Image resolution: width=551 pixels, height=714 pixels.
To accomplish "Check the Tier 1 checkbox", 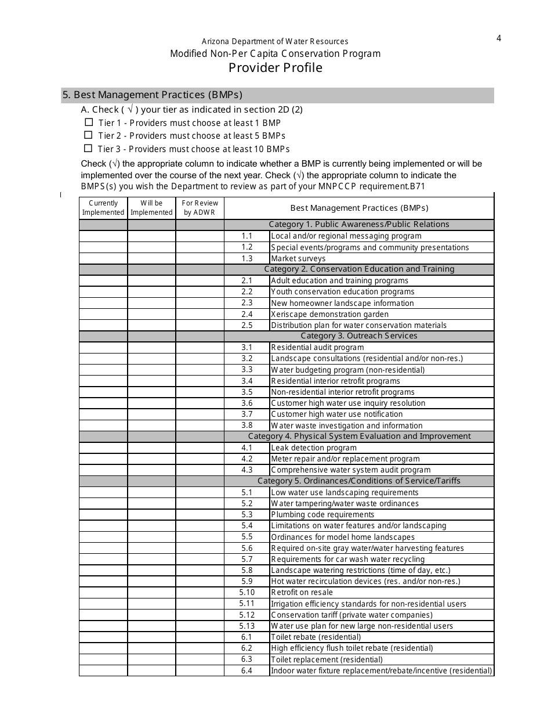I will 89,122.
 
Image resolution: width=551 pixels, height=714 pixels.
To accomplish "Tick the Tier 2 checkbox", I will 89,135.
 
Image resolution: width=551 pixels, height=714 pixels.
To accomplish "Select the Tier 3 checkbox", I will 88,149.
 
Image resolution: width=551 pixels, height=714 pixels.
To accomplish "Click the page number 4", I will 498,39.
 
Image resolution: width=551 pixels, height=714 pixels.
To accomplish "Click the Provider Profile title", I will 275,68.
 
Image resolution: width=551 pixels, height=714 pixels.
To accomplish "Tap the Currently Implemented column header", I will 103,208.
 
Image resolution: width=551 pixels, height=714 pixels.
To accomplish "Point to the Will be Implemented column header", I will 151,208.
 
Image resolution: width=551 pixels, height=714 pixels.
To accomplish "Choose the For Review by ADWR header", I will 200,208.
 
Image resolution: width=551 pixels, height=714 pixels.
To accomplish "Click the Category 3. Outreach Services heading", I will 358,336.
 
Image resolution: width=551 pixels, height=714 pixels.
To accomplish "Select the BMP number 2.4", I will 247,314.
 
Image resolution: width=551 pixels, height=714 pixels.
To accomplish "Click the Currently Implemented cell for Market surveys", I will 103,258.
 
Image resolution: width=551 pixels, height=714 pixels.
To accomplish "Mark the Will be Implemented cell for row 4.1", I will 151,448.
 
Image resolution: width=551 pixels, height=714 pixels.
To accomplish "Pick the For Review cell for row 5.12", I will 200,615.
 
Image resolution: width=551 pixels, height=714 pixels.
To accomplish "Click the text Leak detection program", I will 314,448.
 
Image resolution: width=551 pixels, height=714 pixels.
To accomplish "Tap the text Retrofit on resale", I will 302,593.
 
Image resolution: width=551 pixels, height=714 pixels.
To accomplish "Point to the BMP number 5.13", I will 247,626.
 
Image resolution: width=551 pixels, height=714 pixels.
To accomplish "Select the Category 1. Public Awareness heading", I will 358,225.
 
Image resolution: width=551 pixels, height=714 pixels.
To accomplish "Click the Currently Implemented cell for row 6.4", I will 103,670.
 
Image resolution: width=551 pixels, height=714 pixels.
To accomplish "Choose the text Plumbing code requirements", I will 322,514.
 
